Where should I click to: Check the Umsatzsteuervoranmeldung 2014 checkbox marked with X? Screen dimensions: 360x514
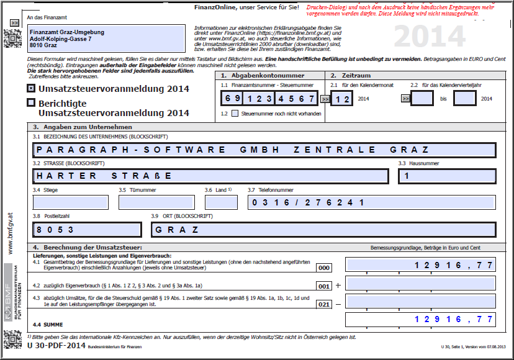click(x=31, y=89)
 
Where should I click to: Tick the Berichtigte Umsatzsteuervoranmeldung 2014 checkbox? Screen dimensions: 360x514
click(x=31, y=104)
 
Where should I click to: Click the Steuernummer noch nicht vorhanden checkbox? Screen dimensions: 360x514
click(x=235, y=114)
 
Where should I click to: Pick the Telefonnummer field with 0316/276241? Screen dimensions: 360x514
click(x=371, y=202)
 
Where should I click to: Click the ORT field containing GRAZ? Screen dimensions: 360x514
click(x=323, y=229)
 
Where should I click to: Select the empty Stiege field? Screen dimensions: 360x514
click(x=70, y=202)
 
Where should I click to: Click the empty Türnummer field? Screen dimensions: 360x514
click(x=156, y=202)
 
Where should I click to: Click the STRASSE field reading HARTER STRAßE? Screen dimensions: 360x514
click(x=210, y=176)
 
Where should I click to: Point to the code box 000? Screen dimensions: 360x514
click(x=324, y=268)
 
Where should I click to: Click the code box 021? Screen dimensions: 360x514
click(x=324, y=304)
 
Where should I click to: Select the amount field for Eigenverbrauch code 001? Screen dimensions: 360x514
click(x=421, y=284)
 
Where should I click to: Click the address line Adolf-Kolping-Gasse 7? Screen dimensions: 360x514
click(x=61, y=38)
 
